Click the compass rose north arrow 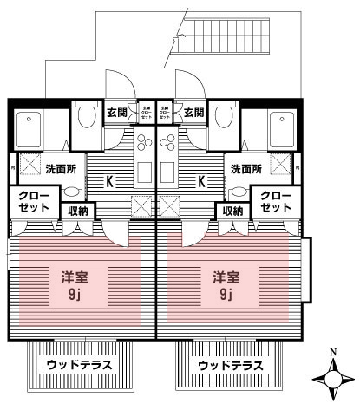[x=334, y=378]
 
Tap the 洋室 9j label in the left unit [x=74, y=285]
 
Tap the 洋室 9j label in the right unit [x=226, y=285]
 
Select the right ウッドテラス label [x=230, y=365]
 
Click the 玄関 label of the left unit [x=118, y=112]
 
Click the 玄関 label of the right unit [x=194, y=112]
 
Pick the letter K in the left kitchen [x=110, y=182]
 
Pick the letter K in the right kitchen [x=201, y=182]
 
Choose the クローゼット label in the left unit [x=31, y=201]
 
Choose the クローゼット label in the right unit [x=275, y=201]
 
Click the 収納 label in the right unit [x=232, y=210]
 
